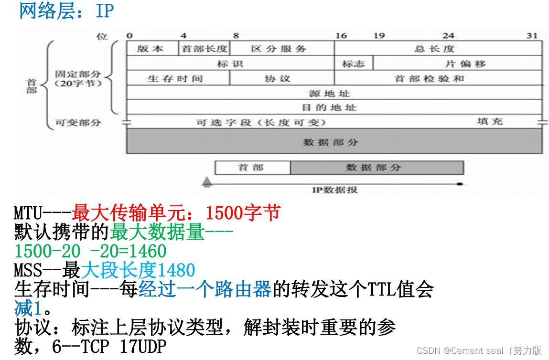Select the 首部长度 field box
tap(204, 49)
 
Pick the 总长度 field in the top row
tap(438, 49)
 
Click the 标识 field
tap(230, 64)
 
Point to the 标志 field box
tap(354, 64)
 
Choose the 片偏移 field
tap(457, 64)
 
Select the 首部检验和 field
tap(438, 78)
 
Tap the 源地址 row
tap(334, 93)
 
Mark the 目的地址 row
tap(334, 107)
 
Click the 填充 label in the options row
tap(490, 121)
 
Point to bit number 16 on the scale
tap(341, 36)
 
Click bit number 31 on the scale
tap(532, 36)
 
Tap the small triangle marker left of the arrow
tap(207, 181)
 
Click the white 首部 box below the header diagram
tap(252, 168)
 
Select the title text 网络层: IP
tap(66, 11)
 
